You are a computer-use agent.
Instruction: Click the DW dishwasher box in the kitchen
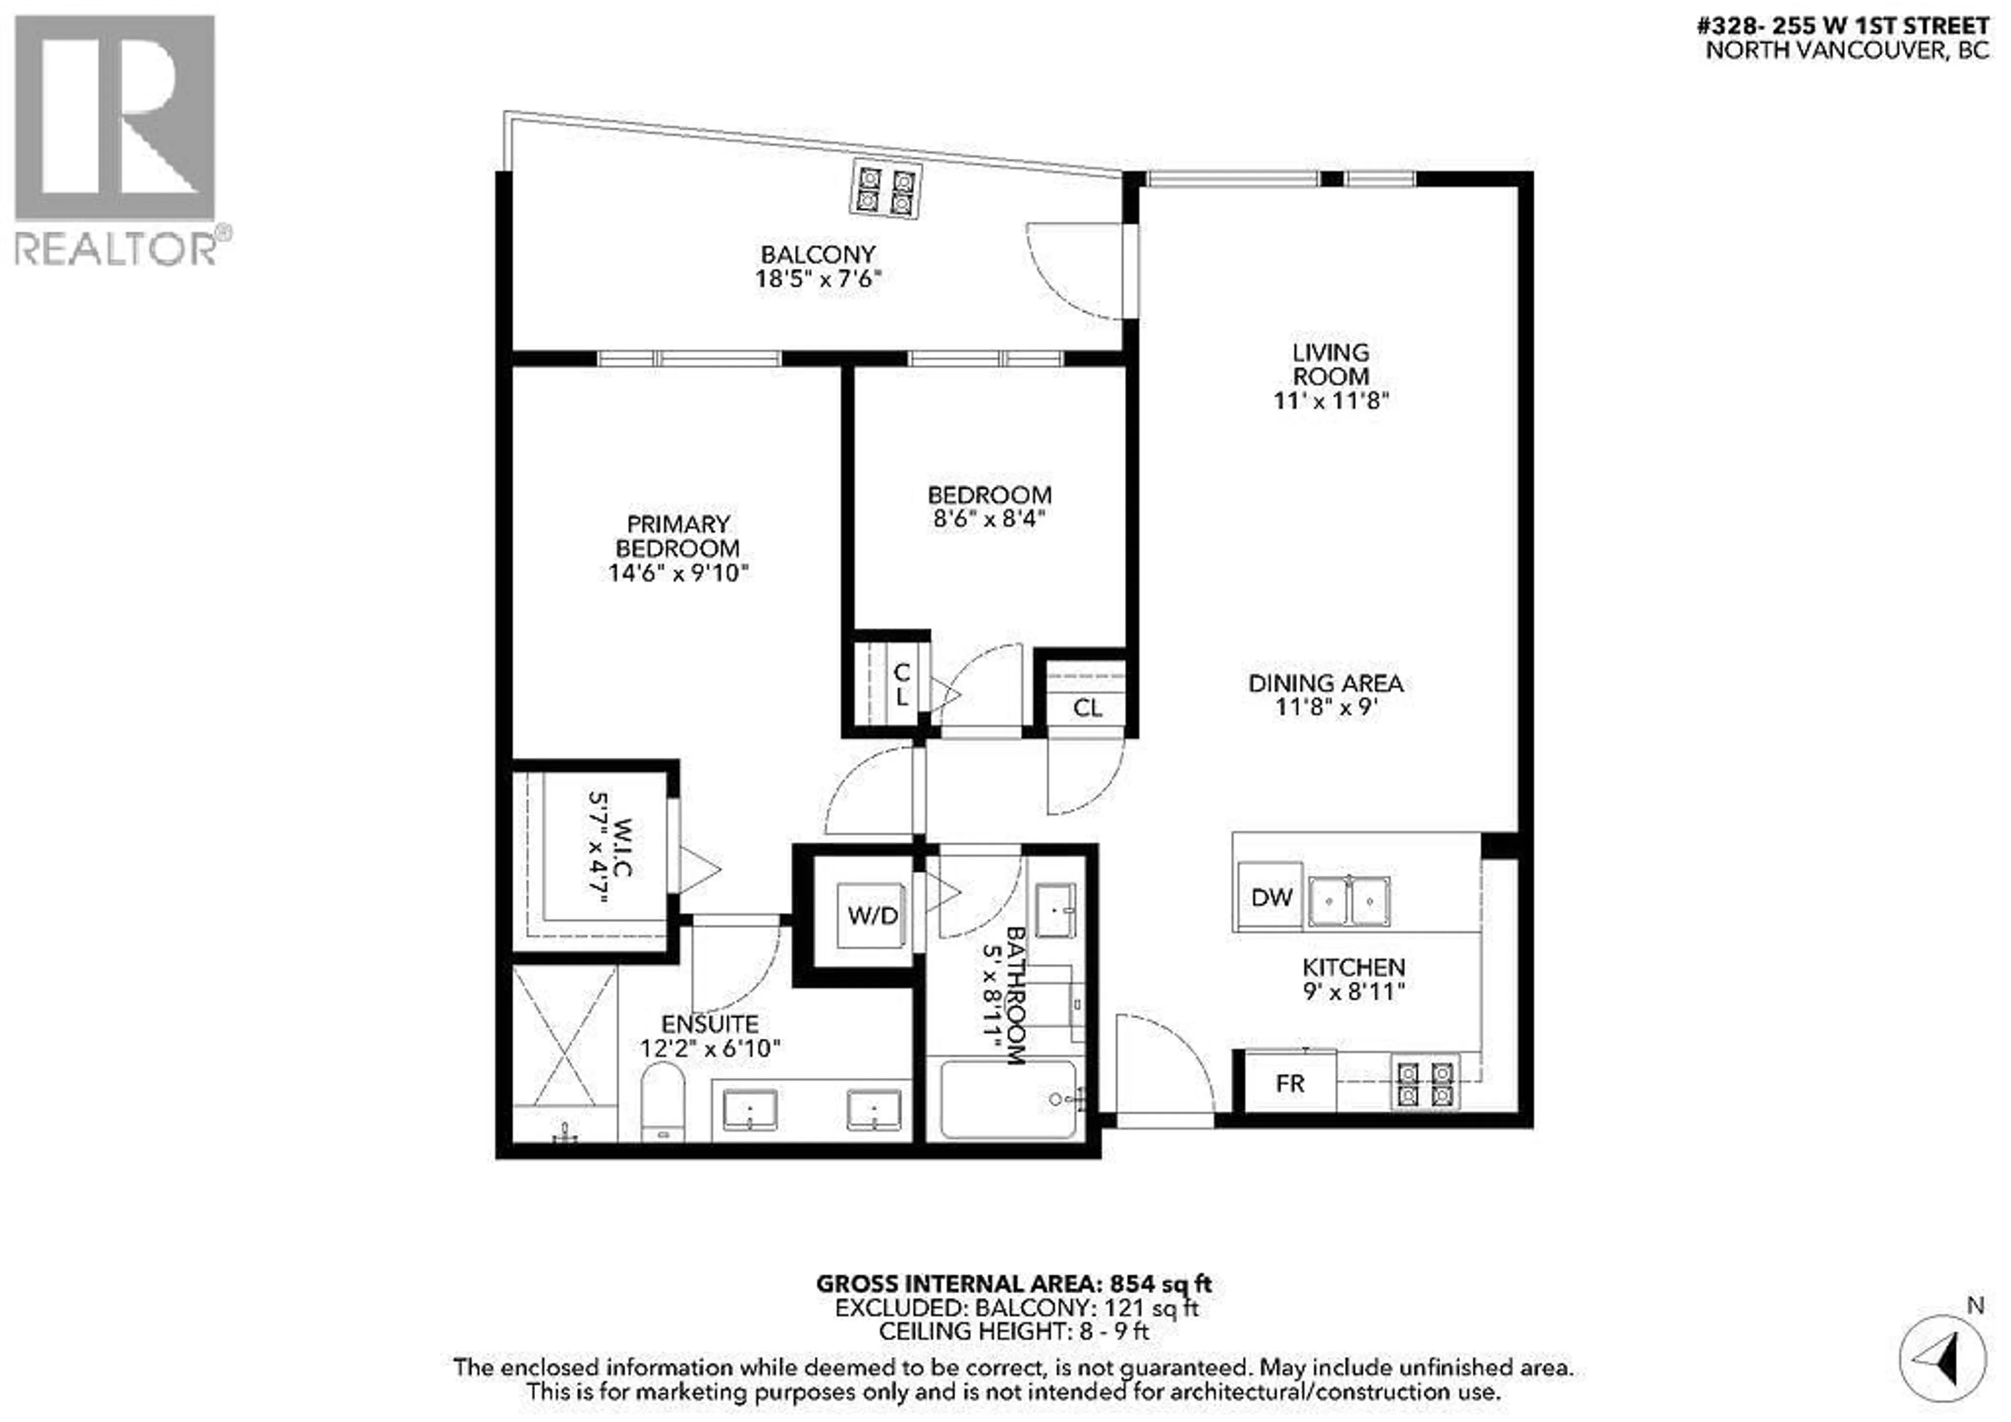(1271, 897)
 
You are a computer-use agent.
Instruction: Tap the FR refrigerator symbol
(1289, 1084)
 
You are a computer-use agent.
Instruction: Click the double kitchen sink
(1349, 901)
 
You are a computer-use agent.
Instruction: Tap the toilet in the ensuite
(662, 1100)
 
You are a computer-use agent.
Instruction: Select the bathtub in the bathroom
(1007, 1099)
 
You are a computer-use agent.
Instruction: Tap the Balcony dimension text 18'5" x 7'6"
(817, 280)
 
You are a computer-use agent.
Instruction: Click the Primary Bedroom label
(678, 536)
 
